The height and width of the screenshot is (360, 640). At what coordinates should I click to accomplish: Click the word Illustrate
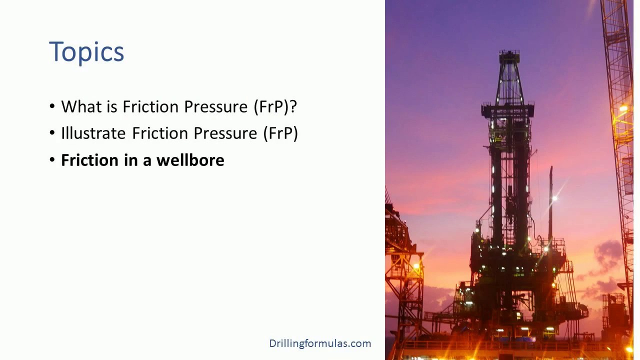(93, 133)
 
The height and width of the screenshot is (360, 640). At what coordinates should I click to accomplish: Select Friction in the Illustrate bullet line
(159, 133)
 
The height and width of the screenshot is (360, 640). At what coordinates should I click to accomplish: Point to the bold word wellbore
(190, 160)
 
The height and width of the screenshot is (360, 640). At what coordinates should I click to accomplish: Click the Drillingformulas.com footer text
(320, 343)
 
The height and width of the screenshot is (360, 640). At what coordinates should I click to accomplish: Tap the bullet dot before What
(53, 107)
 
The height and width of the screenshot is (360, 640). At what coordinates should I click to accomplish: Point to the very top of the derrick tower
(508, 51)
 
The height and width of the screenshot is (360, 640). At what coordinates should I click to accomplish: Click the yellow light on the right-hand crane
(623, 108)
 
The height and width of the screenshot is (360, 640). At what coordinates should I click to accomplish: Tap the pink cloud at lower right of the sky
(607, 252)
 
